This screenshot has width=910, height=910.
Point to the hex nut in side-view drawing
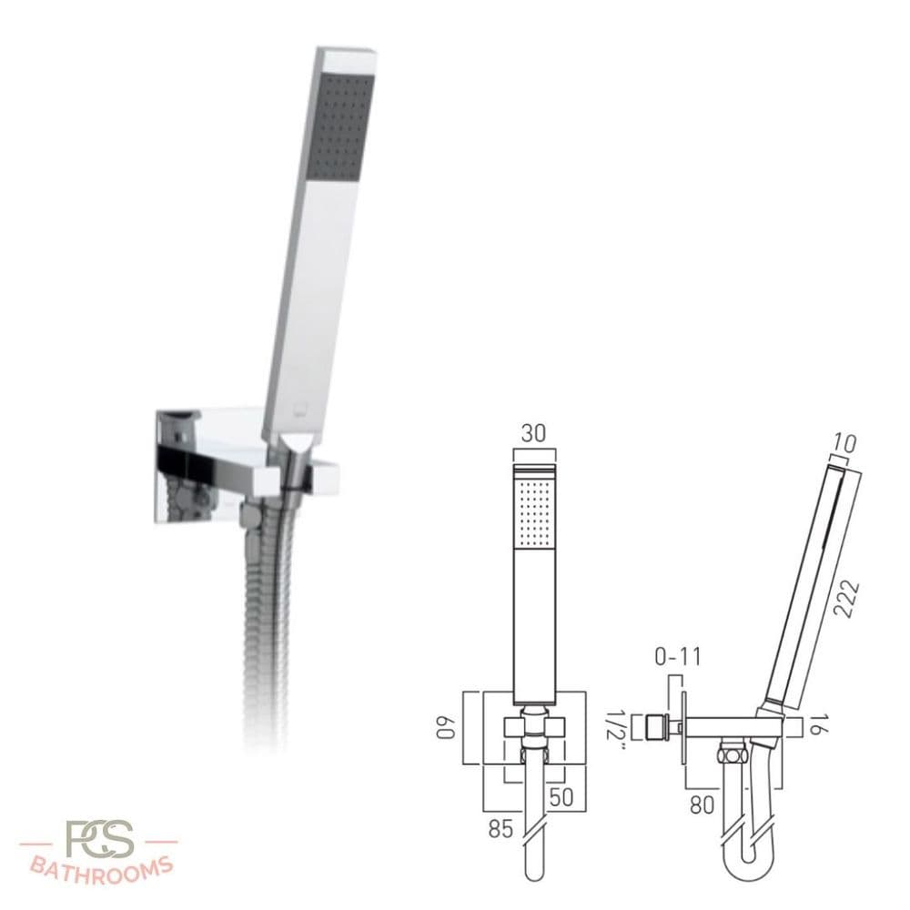(x=727, y=754)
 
